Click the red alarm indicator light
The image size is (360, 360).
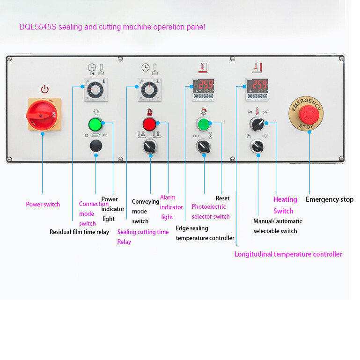[149, 124]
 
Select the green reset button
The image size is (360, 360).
[203, 124]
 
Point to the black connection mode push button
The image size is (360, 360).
[96, 146]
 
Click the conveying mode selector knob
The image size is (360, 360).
[150, 147]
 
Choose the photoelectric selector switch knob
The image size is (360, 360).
[204, 147]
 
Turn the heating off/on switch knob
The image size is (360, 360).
[257, 124]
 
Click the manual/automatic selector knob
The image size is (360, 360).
[257, 147]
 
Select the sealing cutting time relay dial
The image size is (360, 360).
[150, 89]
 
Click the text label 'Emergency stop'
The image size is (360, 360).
[329, 199]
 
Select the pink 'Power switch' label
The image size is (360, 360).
[43, 204]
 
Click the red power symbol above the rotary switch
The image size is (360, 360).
[44, 89]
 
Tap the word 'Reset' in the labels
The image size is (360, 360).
[222, 198]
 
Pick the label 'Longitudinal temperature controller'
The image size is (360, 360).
[288, 254]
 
